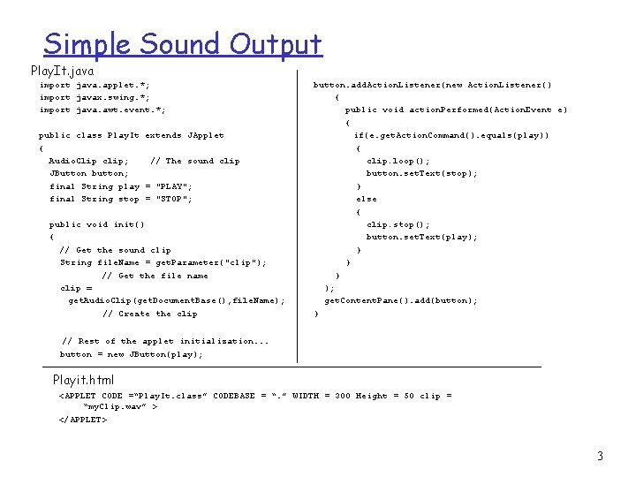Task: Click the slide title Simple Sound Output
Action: click(x=183, y=44)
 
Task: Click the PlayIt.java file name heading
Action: click(x=62, y=70)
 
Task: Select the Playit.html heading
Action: click(x=83, y=380)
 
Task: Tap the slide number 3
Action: click(x=600, y=457)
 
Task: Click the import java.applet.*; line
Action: click(x=95, y=85)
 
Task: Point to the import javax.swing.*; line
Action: click(x=95, y=97)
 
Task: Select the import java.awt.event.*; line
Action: click(x=102, y=110)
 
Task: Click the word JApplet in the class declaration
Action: click(x=207, y=135)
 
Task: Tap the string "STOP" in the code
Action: click(x=173, y=199)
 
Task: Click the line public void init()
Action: click(x=97, y=224)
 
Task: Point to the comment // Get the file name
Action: click(x=155, y=276)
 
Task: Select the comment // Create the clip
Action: click(x=150, y=314)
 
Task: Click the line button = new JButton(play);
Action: click(x=131, y=354)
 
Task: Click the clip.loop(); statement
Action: click(x=398, y=161)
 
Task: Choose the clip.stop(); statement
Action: click(x=398, y=224)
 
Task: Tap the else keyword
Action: click(x=367, y=199)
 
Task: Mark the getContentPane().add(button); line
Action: click(x=401, y=300)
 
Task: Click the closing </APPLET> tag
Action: click(x=83, y=419)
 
